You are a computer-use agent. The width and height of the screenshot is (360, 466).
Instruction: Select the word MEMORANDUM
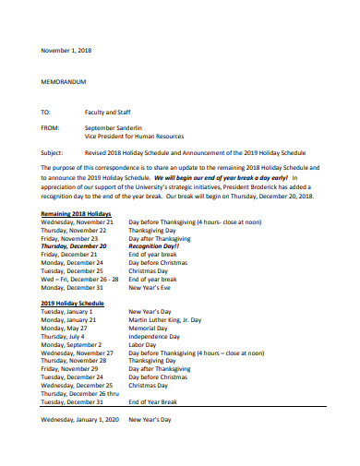click(67, 81)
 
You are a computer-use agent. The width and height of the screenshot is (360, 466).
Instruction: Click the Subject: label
click(55, 153)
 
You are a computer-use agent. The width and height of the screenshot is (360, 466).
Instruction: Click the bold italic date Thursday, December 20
click(74, 247)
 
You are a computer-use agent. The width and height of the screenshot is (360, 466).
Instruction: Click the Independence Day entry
click(157, 336)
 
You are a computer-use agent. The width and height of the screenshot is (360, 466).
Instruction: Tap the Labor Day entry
click(146, 344)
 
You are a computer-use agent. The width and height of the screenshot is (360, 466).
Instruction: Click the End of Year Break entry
click(157, 401)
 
